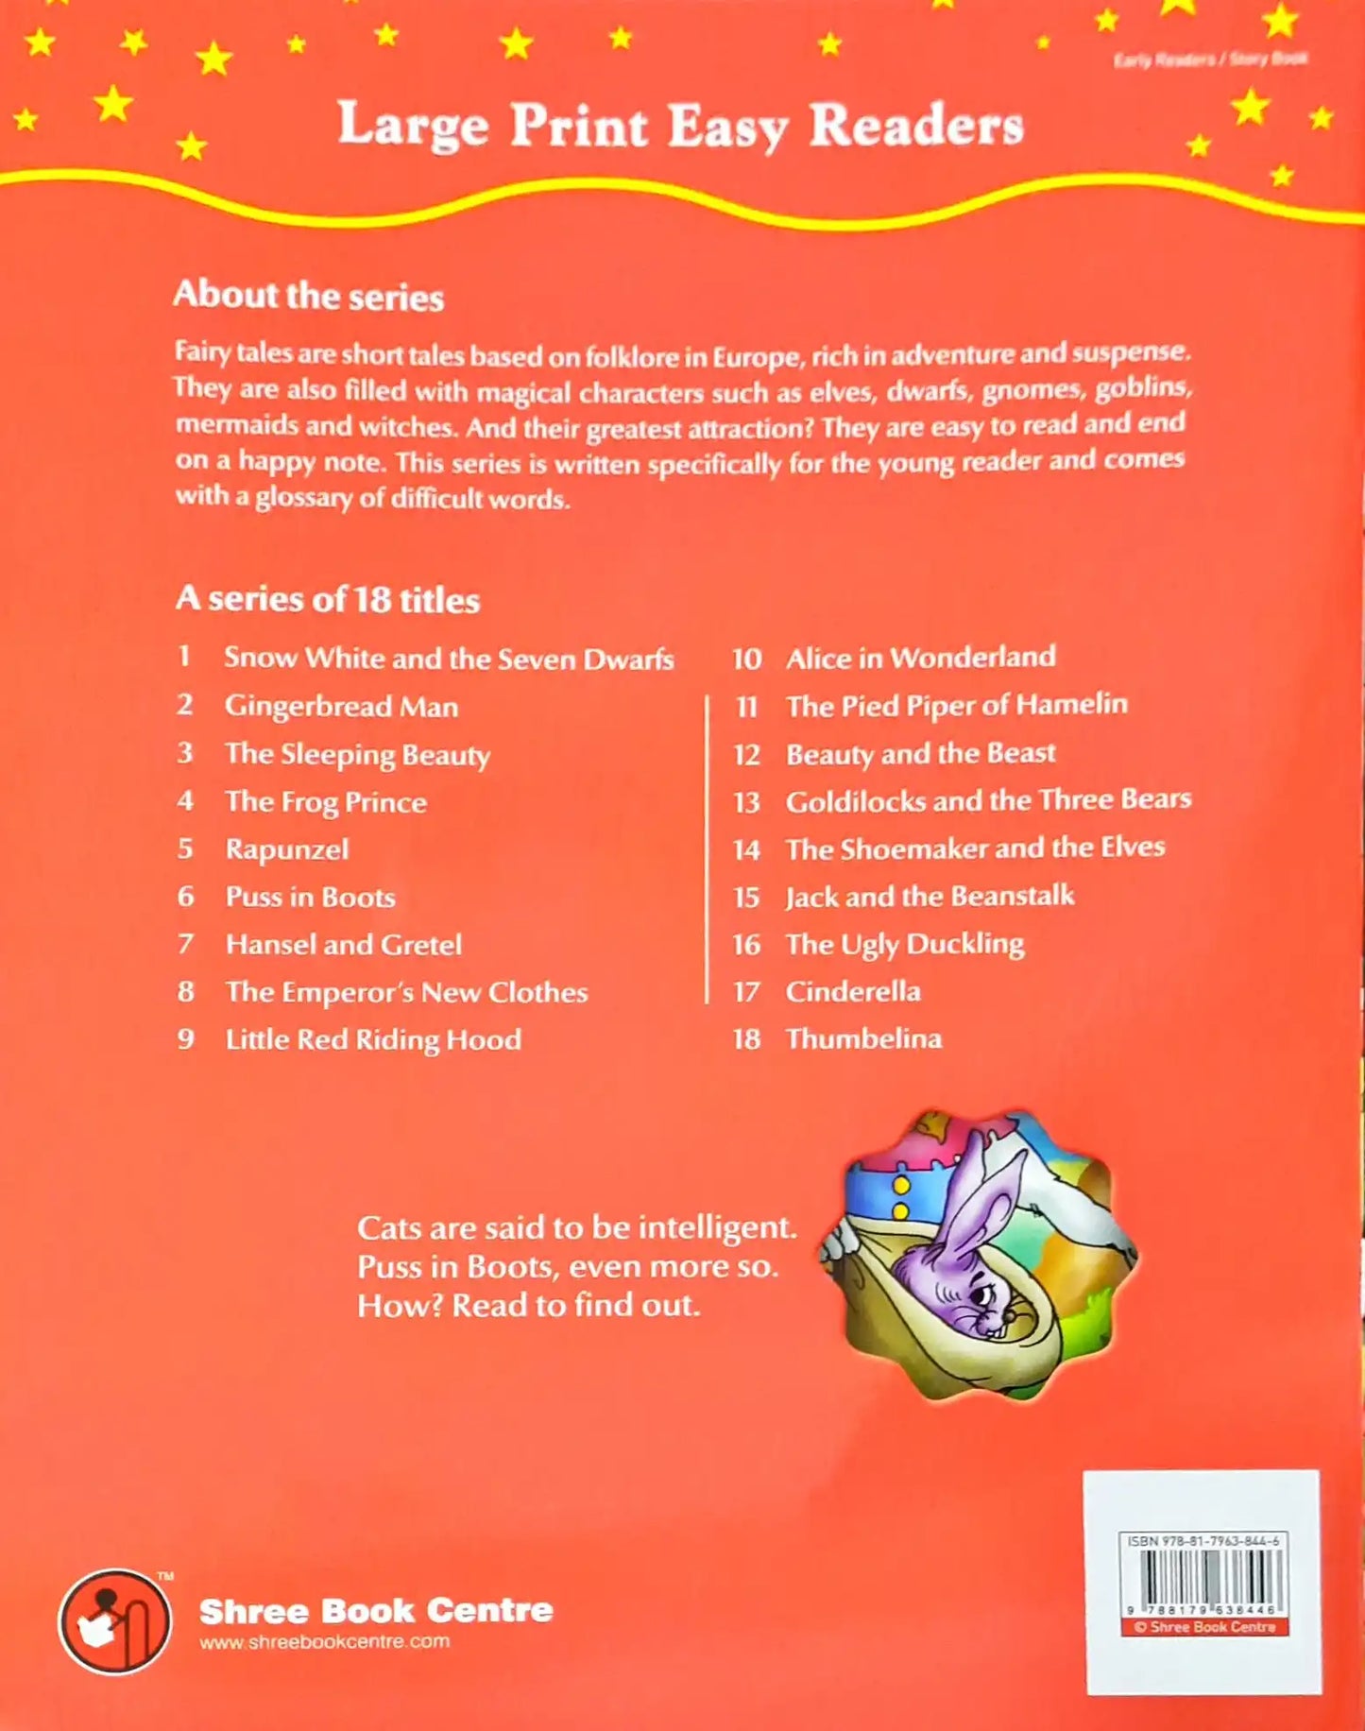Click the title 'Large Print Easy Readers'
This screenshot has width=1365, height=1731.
tap(680, 125)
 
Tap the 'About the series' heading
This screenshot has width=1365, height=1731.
tap(308, 296)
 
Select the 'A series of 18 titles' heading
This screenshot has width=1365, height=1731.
tap(328, 599)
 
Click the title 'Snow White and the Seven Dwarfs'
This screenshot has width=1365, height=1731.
tap(449, 659)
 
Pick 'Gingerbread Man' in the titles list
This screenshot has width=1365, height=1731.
tap(341, 707)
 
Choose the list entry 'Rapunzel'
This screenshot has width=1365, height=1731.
tap(287, 849)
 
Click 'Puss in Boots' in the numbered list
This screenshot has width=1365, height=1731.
tap(310, 897)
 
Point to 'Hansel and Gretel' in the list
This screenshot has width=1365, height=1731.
tap(344, 945)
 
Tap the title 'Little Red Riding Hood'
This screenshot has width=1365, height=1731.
tap(373, 1039)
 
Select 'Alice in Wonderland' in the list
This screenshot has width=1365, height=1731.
tap(920, 658)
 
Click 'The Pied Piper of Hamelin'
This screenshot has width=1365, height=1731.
tap(956, 705)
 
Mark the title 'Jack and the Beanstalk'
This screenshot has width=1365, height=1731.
tap(930, 896)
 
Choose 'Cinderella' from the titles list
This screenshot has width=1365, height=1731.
tap(853, 991)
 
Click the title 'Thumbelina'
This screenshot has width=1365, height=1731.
tap(863, 1038)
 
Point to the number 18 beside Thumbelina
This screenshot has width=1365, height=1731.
tap(746, 1039)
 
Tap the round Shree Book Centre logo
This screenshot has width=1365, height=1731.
tap(115, 1621)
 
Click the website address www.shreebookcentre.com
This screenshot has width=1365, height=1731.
tap(324, 1642)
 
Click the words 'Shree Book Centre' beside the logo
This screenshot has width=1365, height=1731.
tap(376, 1610)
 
